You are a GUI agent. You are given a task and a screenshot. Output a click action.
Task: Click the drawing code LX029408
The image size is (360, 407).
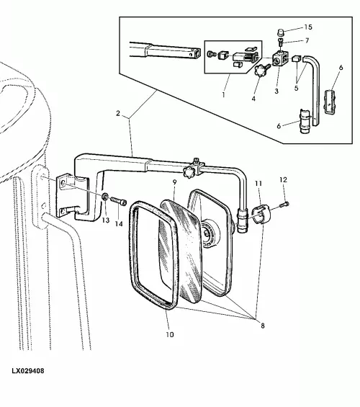(x=28, y=371)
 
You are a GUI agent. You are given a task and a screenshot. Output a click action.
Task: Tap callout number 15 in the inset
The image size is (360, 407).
(x=308, y=27)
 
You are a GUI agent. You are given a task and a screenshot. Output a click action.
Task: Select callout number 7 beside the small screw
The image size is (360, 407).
(x=307, y=41)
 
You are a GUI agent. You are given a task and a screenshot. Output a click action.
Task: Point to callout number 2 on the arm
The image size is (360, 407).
(x=118, y=113)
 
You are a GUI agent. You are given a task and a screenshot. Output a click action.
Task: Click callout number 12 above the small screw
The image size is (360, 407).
(x=283, y=179)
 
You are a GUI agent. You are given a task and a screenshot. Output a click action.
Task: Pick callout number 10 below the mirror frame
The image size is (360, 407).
(x=170, y=334)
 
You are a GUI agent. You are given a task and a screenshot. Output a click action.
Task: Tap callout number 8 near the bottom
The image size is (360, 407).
(x=263, y=326)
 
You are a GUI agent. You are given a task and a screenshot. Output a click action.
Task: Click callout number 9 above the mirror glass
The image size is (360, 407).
(x=174, y=182)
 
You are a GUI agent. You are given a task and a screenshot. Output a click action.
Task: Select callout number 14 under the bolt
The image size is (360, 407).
(x=119, y=223)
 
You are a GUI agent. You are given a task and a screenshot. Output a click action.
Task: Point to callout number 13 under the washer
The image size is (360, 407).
(x=106, y=220)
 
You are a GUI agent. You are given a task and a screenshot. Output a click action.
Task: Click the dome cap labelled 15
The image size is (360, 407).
(x=281, y=32)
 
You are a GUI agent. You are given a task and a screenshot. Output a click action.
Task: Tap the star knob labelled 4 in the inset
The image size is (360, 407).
(x=260, y=70)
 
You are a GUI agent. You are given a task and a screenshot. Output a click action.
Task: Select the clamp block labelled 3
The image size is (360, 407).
(x=279, y=59)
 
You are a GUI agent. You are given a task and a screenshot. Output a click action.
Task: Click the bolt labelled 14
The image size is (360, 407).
(x=119, y=202)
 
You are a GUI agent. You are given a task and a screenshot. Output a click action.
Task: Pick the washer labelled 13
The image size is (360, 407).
(x=105, y=197)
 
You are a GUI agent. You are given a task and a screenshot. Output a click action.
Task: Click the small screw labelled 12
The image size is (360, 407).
(x=284, y=205)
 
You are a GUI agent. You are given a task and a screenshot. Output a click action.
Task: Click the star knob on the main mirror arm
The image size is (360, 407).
(x=189, y=172)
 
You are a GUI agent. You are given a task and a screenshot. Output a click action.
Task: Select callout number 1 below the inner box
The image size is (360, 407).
(x=223, y=95)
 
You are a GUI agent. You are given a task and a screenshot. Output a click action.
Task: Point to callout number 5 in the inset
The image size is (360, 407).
(x=296, y=88)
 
